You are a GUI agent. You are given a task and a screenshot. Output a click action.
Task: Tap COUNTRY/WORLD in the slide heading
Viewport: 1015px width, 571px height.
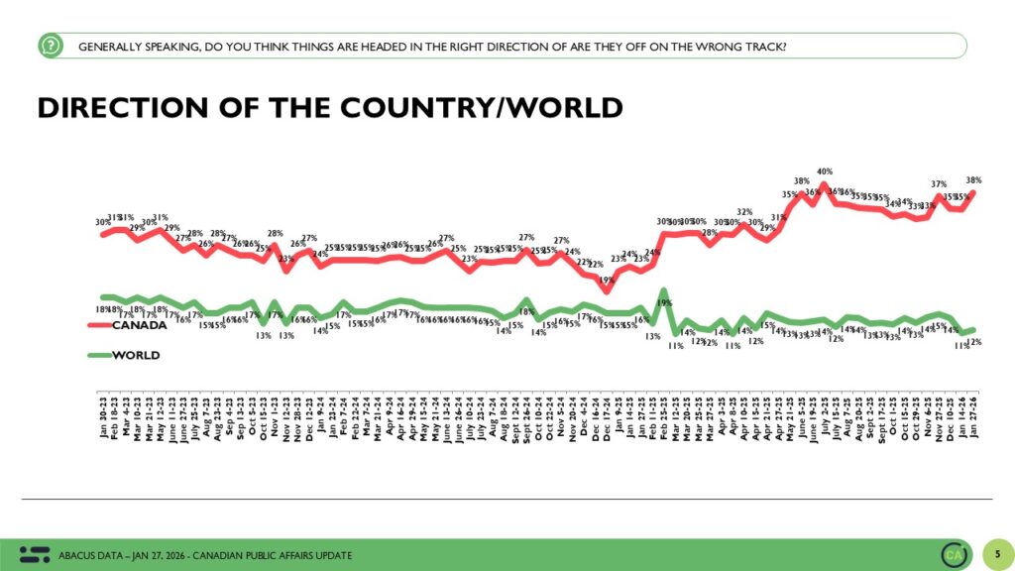tap(455, 107)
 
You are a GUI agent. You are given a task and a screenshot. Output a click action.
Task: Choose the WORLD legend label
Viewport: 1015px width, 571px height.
tap(135, 354)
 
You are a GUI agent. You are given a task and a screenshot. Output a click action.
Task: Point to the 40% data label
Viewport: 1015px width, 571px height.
tap(823, 172)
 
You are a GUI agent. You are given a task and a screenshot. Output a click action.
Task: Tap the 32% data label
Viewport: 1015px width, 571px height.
tap(743, 211)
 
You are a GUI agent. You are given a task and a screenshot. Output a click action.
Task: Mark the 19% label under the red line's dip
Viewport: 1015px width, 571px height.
tap(606, 281)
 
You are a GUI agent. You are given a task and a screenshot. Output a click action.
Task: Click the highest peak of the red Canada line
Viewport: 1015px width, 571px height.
tap(823, 184)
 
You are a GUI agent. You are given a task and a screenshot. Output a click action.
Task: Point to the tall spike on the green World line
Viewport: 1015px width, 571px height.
tap(663, 290)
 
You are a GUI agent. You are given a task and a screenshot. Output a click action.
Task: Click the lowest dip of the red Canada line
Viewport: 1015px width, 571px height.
tap(607, 292)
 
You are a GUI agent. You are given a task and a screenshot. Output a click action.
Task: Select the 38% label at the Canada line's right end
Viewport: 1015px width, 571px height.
tap(973, 179)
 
